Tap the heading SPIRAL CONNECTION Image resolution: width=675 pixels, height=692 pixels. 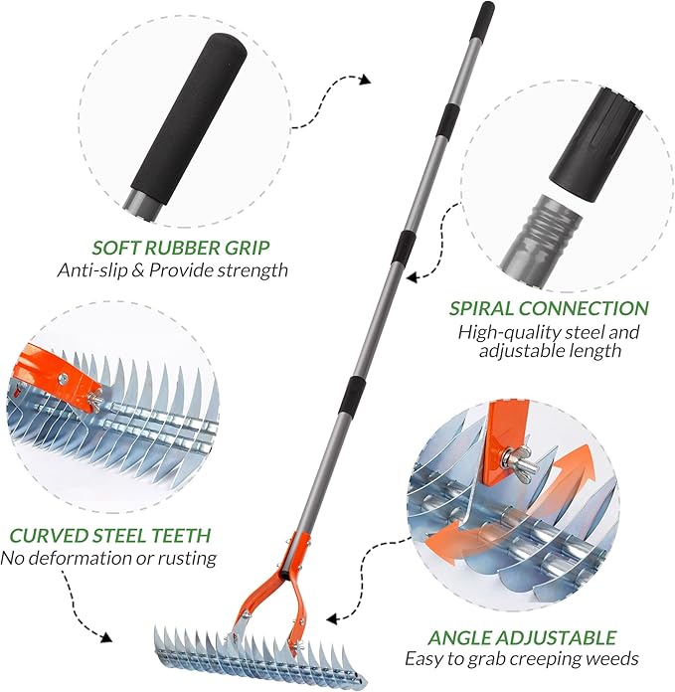tap(549, 309)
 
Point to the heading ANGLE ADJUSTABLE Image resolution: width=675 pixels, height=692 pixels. tap(523, 637)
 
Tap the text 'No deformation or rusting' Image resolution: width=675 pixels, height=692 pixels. tap(108, 558)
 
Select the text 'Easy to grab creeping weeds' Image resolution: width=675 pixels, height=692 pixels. tap(522, 658)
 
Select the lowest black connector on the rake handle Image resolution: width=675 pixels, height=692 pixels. tap(354, 396)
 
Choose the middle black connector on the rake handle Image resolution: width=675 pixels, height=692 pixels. tap(402, 246)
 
